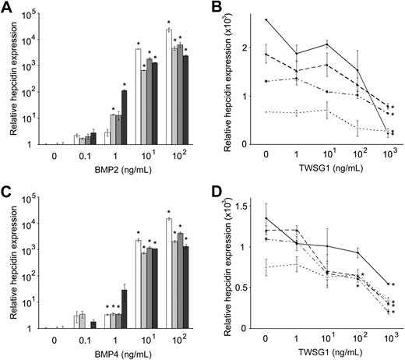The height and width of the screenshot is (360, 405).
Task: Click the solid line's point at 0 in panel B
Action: (266, 19)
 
